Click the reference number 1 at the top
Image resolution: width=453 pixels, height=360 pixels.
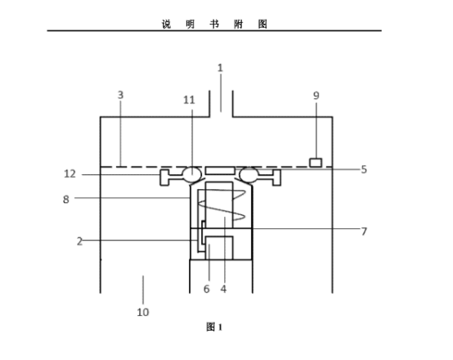tap(220, 68)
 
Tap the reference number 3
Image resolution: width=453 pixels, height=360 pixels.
tap(120, 95)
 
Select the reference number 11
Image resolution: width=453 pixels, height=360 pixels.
tap(189, 100)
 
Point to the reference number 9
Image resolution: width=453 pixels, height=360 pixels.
tap(316, 96)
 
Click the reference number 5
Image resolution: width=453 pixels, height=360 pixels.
tap(364, 169)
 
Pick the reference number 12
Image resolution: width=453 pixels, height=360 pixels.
tap(70, 173)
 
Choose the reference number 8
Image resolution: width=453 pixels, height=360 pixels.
tap(66, 200)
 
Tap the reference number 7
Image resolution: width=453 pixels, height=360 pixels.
tap(364, 232)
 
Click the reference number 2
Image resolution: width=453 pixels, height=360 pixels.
tap(80, 241)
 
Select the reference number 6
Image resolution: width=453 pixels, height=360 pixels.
tap(206, 289)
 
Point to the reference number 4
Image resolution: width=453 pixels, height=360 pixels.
tap(223, 289)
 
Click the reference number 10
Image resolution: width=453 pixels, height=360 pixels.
tap(143, 313)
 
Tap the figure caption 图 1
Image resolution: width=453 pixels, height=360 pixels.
tap(214, 327)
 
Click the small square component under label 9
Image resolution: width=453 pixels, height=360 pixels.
tap(316, 163)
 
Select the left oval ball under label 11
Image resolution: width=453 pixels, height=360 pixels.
tap(192, 174)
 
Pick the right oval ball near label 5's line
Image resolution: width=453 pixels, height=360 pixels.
tap(249, 174)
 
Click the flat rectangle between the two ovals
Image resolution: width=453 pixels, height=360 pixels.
tap(220, 171)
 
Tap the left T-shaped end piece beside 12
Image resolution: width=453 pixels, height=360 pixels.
tap(164, 178)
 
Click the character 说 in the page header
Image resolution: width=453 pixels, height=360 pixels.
tap(167, 25)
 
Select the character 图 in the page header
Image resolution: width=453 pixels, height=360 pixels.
tap(262, 25)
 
